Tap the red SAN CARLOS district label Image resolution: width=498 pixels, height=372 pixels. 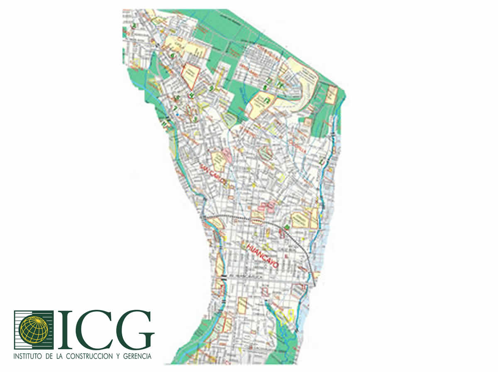coord(213,175)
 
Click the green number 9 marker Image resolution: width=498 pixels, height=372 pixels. coord(211,88)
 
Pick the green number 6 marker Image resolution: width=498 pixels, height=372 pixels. coord(172,55)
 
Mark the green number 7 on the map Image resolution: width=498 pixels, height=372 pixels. coord(176,108)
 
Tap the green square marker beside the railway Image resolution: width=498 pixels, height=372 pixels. coord(286,227)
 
